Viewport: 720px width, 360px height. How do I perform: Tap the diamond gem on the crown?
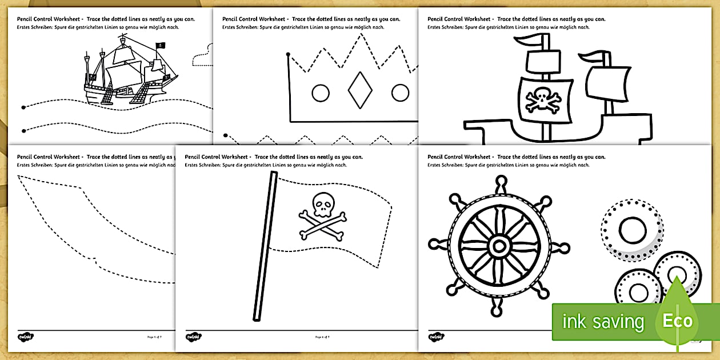pos(360,91)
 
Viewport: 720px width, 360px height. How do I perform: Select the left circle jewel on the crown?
pos(321,92)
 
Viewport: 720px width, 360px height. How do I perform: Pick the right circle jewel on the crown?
pos(400,92)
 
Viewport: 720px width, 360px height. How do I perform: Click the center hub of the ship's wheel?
pos(499,246)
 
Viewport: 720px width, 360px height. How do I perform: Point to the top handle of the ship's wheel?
pos(501,182)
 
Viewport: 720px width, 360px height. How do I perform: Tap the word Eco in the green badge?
pos(677,321)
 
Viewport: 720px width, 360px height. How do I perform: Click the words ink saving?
pos(603,322)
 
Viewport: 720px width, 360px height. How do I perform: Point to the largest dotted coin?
pos(631,230)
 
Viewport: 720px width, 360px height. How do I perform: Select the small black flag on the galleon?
pos(162,46)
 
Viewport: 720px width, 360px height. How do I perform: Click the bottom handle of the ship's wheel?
pos(499,310)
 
